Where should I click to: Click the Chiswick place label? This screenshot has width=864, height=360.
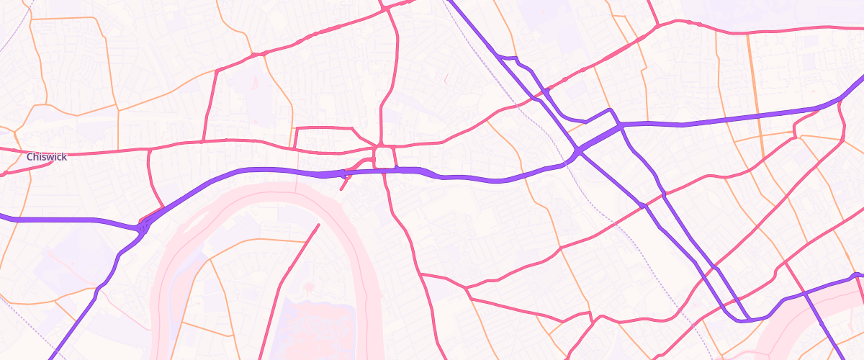pos(47,157)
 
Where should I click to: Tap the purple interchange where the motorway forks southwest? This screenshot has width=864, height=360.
pos(140,228)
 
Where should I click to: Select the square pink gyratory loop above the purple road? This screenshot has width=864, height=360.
pos(384,156)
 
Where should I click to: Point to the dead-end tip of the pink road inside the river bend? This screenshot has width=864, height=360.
pos(318,225)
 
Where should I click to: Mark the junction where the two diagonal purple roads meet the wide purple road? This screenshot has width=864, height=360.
pos(578,153)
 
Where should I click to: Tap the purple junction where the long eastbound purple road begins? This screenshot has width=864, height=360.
pos(621,125)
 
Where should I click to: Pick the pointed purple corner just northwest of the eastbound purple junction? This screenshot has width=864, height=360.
pos(610,110)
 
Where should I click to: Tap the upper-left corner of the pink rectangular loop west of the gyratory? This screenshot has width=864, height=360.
pos(297,128)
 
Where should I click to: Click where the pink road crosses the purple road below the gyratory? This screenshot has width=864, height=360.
pos(384,171)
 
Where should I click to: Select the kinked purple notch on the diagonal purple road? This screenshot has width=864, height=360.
pos(513,58)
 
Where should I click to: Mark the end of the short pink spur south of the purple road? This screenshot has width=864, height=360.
pos(341,189)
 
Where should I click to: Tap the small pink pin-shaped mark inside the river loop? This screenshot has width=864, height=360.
pos(310,287)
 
